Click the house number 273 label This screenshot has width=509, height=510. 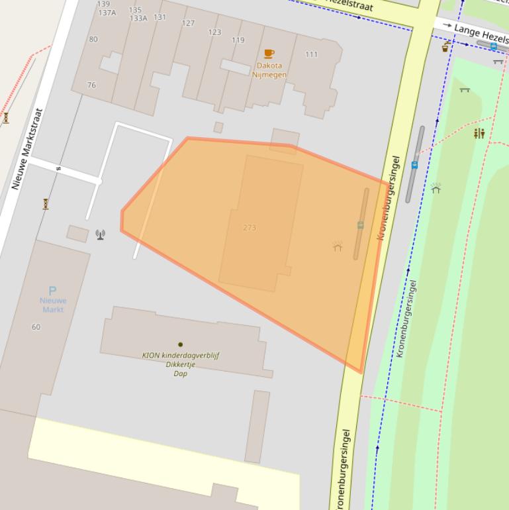point(250,228)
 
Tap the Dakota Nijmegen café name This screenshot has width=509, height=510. point(268,70)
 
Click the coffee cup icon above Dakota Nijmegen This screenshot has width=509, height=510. point(269,54)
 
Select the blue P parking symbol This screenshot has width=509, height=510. point(52,290)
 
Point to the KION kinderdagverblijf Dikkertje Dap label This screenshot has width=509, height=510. point(181,364)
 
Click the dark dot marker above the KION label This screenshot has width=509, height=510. point(180,344)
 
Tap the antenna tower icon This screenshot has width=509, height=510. point(100,234)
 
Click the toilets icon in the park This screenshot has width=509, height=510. point(479,134)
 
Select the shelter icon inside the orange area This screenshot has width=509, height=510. point(338,246)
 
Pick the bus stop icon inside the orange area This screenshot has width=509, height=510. point(360,225)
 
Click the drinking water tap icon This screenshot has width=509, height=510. point(446,46)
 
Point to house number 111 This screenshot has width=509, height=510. point(312,54)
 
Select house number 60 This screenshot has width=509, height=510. point(36,327)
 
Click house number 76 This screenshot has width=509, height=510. point(91,85)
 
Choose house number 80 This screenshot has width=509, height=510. point(93,39)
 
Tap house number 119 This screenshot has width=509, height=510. point(238,40)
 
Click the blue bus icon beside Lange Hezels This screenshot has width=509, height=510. point(493,46)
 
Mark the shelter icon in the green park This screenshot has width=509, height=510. point(436,189)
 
